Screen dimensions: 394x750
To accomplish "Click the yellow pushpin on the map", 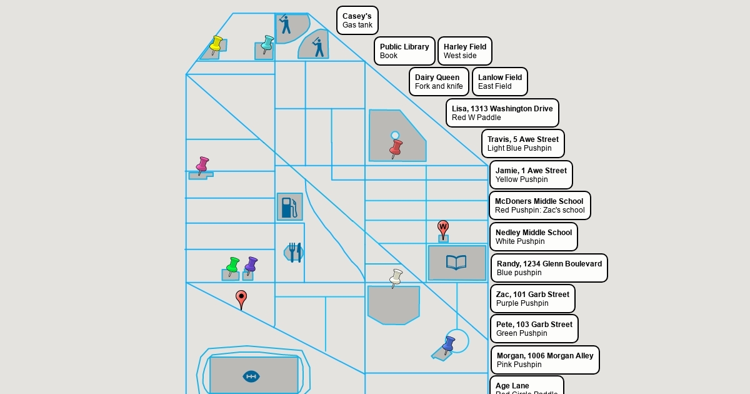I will click(216, 44).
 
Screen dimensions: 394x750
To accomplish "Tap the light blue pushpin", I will click(267, 43).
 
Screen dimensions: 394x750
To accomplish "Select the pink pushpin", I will click(202, 165).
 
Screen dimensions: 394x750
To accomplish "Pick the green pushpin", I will click(232, 265).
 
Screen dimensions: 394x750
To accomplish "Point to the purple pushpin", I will click(251, 265).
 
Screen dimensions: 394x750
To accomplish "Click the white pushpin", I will click(396, 277).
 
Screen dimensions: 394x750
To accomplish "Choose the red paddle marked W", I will click(443, 229).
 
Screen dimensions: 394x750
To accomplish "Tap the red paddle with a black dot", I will click(241, 299).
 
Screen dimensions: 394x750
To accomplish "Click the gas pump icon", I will click(289, 207).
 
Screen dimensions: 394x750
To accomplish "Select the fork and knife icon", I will click(295, 252).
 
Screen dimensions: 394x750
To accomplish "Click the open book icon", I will click(456, 263).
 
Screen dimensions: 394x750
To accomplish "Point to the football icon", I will click(251, 376).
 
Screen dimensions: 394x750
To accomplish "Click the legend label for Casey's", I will click(357, 21).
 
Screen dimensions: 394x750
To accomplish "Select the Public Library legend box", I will click(404, 51).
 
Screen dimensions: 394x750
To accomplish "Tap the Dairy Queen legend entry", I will click(439, 82).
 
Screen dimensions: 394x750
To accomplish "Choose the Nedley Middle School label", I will click(533, 237).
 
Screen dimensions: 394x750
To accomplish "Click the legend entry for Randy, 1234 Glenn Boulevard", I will click(549, 268).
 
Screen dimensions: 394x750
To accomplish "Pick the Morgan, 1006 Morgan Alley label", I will click(545, 360).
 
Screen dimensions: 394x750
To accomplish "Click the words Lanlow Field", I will click(500, 78).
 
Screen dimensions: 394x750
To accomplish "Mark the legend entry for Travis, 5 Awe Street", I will click(522, 144).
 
